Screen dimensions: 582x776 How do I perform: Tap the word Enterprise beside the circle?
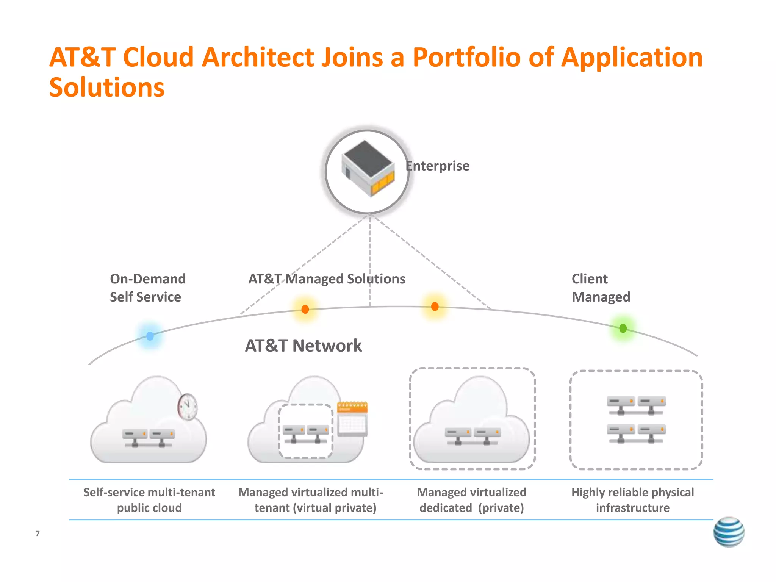438,166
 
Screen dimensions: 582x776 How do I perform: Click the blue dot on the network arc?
150,336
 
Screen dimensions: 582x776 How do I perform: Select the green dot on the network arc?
623,328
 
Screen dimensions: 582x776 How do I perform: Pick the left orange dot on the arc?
305,309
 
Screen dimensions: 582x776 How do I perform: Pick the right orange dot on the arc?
435,306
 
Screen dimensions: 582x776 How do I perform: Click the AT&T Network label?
303,346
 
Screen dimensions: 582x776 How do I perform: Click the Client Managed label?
600,288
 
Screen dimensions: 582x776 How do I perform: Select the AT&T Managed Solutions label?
327,279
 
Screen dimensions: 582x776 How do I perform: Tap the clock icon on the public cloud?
188,407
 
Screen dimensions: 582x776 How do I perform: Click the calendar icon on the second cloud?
352,419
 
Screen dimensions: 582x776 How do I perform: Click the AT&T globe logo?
728,532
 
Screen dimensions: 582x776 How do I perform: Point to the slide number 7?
38,533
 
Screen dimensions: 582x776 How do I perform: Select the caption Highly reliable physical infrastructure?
632,500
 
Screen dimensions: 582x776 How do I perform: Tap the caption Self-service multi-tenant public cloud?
149,500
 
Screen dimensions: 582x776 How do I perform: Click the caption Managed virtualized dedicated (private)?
471,500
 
